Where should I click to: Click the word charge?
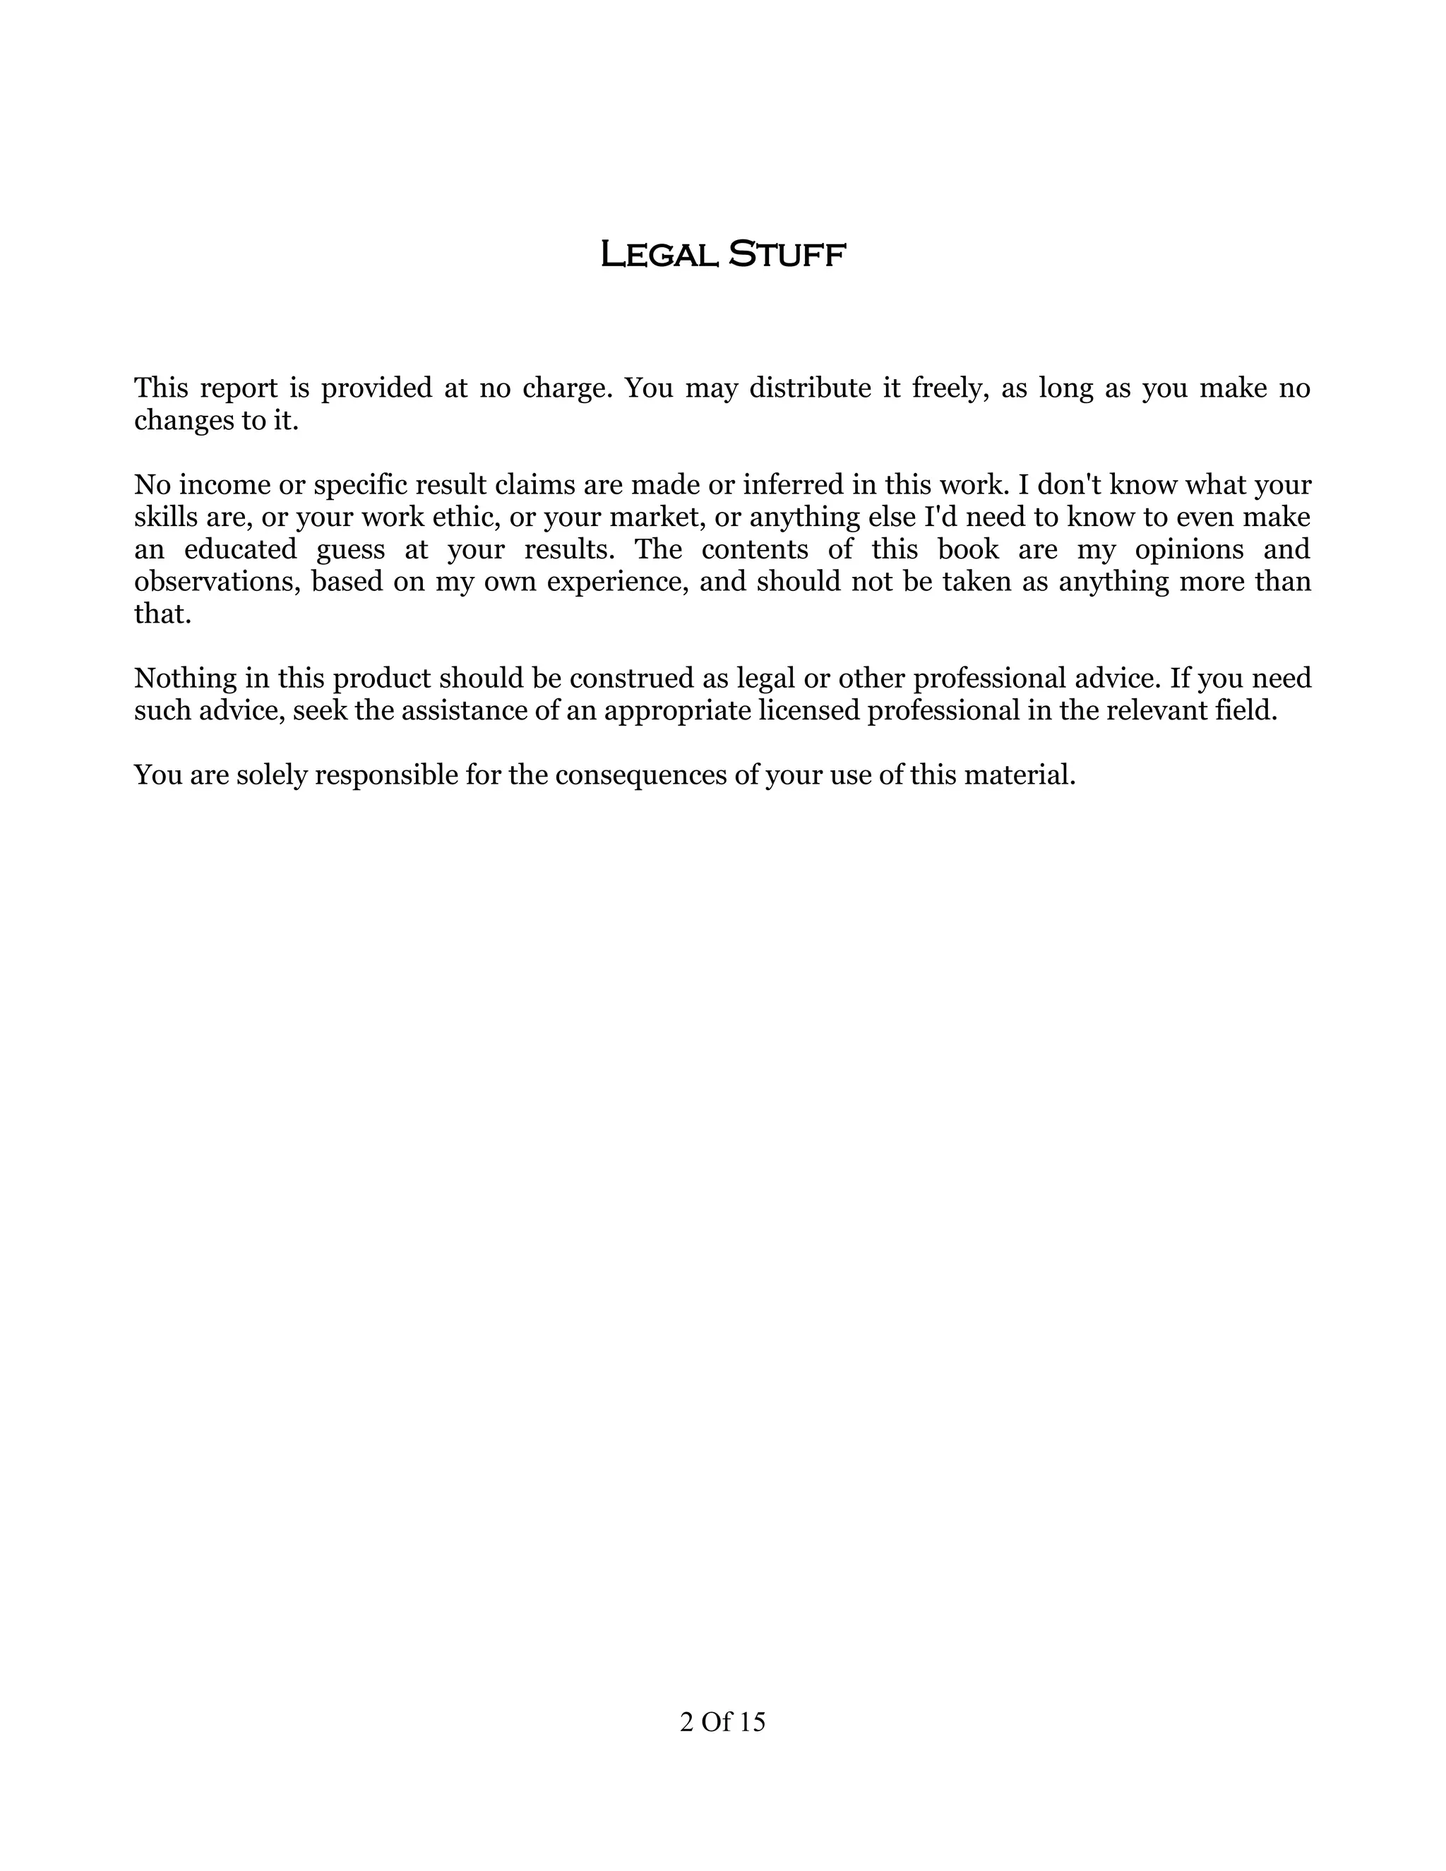[567, 388]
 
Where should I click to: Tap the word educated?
[240, 549]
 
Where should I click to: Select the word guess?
[350, 549]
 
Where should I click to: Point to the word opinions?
[1189, 549]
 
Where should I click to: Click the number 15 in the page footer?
[751, 1722]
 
